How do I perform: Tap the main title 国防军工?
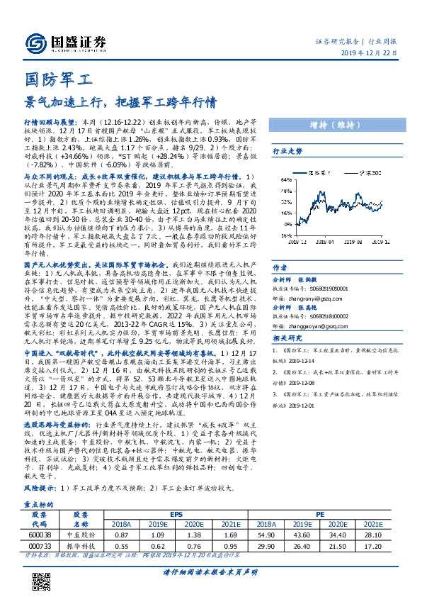tap(54, 78)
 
